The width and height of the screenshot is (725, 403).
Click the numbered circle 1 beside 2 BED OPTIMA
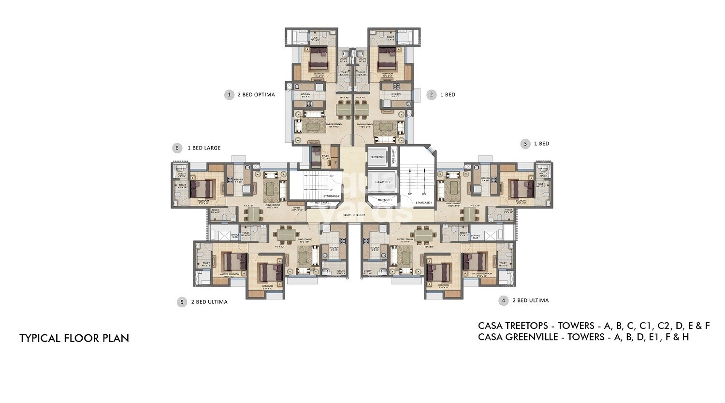tap(230, 95)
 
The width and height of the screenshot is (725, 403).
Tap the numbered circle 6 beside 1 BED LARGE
tap(177, 148)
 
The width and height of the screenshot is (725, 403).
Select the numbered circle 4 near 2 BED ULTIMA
tap(504, 300)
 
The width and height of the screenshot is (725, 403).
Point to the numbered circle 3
tap(525, 144)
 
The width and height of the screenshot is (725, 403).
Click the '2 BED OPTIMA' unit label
tap(256, 95)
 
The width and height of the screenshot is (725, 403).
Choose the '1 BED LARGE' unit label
tap(204, 148)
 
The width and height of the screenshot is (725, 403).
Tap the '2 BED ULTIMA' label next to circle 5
tap(209, 302)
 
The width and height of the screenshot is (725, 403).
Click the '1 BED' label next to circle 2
tap(448, 95)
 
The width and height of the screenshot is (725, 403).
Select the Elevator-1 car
tap(378, 157)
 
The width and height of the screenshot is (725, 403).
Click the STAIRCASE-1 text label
tap(423, 202)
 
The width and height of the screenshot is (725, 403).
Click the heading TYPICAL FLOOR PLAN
tap(74, 338)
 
